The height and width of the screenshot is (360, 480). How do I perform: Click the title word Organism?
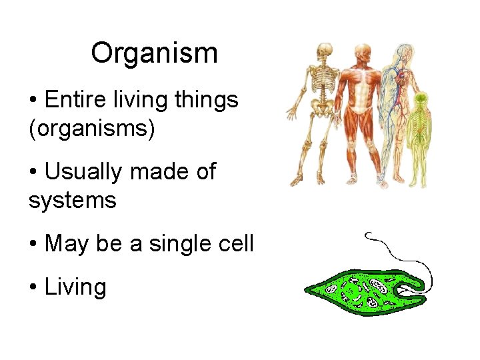point(154,53)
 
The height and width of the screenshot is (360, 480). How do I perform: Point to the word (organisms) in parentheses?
point(91,128)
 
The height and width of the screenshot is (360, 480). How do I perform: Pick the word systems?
point(72,199)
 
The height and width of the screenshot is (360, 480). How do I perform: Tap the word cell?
point(235,243)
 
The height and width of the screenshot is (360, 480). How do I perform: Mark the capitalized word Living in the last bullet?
point(75,287)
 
